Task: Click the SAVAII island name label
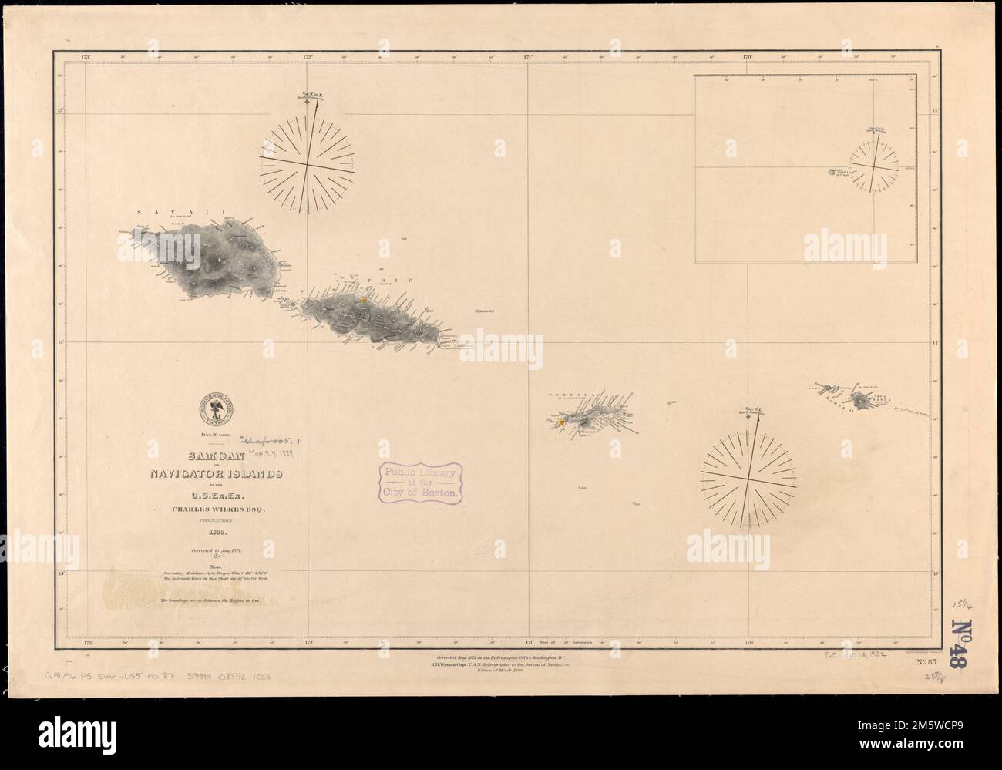177,210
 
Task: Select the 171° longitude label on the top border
529,56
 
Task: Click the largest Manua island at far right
859,399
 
